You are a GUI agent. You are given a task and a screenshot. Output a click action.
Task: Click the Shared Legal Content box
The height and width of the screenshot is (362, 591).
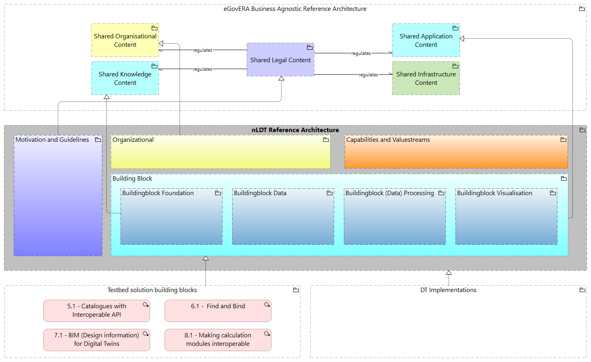tap(280, 60)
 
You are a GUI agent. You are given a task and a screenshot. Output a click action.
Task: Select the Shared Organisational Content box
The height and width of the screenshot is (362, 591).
tap(125, 40)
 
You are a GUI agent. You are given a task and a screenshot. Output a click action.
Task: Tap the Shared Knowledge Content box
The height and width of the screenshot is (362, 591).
tap(125, 78)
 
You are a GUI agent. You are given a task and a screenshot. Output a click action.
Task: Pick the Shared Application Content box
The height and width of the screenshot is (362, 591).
tap(426, 40)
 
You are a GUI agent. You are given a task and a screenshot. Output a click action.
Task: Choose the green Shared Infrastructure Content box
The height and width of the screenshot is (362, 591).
tap(426, 78)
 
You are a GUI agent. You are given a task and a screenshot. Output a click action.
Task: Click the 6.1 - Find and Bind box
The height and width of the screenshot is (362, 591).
tap(218, 311)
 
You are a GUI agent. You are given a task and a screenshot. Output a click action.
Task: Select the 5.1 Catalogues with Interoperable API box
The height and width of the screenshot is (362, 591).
tap(97, 311)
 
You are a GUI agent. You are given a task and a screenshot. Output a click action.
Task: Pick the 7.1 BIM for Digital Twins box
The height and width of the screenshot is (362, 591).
tap(97, 340)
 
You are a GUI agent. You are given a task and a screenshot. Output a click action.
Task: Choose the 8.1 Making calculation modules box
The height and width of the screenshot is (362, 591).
tap(218, 340)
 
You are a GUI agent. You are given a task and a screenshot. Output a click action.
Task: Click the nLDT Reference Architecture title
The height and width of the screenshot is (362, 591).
tap(295, 130)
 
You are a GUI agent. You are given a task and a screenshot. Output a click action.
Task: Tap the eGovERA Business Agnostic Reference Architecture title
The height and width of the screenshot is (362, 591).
tap(295, 9)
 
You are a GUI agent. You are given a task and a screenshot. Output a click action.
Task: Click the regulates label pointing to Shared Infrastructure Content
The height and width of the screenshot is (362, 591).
tap(368, 75)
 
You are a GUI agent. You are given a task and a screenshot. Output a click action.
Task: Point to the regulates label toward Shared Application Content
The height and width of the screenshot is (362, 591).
tap(361, 53)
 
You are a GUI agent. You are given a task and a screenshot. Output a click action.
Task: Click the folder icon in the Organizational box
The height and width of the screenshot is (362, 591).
tap(326, 140)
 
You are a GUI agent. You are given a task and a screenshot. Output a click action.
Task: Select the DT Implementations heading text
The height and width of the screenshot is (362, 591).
tap(448, 290)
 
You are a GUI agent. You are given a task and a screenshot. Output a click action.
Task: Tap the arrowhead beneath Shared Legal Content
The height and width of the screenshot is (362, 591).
tap(281, 78)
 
